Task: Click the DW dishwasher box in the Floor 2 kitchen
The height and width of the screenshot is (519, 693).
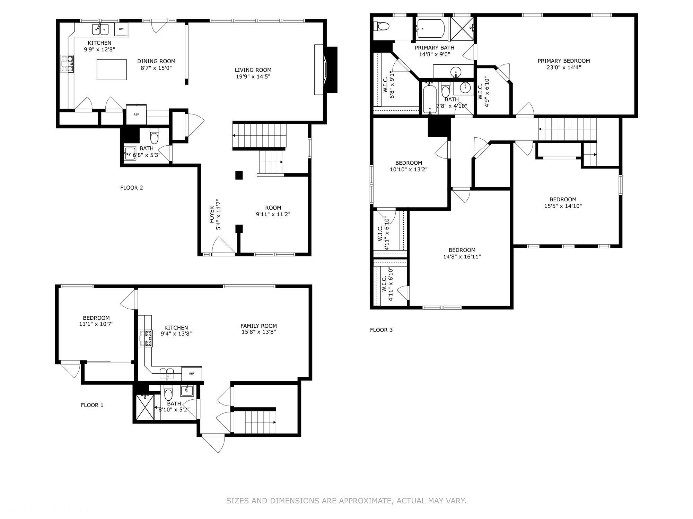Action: point(121,29)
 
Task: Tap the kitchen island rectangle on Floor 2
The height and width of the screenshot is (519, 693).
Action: point(112,70)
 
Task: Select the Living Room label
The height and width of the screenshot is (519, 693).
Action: point(253,70)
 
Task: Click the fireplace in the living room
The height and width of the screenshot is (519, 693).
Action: point(326,70)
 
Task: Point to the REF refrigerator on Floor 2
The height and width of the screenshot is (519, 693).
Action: point(136,114)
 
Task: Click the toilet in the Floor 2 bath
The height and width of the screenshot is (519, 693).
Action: point(154,136)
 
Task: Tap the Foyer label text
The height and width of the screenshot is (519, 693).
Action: point(212,215)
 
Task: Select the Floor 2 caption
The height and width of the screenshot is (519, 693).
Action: point(132,188)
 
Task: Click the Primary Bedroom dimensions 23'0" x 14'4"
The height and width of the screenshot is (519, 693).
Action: point(564,67)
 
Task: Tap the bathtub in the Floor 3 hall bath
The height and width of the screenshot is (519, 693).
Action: point(430,98)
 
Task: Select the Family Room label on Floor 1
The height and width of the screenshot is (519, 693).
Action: point(259,326)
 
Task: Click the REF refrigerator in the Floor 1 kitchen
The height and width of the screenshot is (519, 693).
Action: point(192,373)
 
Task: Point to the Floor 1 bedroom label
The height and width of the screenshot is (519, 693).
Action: point(96,318)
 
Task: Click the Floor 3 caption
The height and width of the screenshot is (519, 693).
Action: point(381,330)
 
